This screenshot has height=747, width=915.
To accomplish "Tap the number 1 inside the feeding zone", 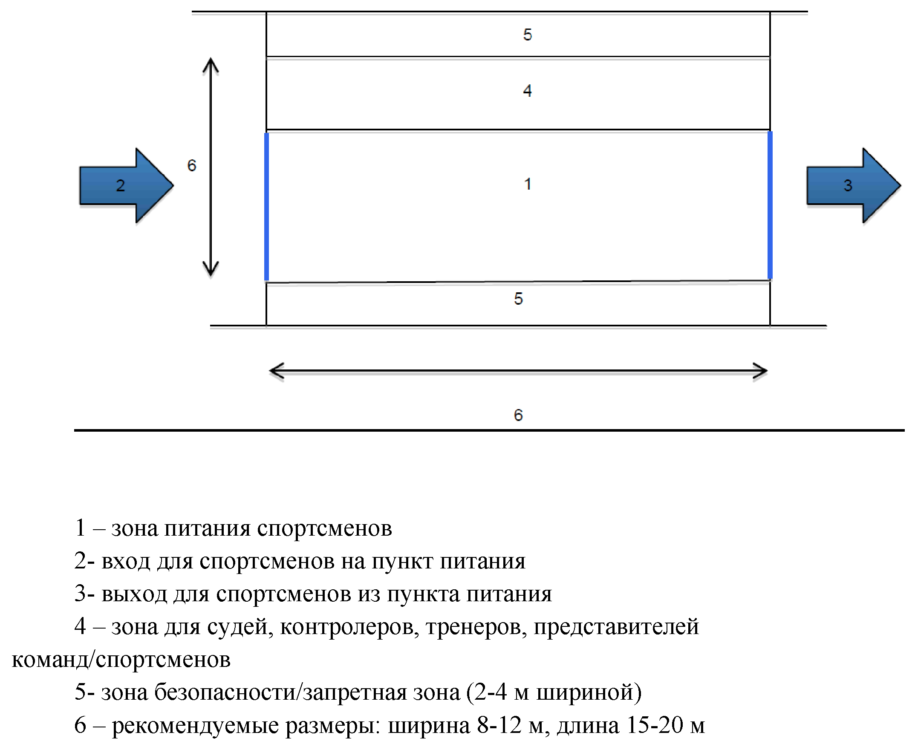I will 528,184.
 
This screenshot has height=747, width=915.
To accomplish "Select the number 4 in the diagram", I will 527,91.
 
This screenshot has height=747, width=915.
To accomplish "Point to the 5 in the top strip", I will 527,35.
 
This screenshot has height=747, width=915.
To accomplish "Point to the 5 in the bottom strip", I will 518,299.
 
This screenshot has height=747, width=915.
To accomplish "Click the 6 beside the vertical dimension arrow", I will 191,166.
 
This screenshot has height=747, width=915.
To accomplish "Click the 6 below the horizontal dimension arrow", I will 518,415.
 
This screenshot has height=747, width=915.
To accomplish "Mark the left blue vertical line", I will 267,207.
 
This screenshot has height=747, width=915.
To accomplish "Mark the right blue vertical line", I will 770,206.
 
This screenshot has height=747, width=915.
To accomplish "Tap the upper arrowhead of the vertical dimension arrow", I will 211,64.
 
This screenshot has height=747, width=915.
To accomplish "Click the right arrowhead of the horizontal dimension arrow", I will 760,371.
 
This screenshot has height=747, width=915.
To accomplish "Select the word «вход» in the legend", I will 126,561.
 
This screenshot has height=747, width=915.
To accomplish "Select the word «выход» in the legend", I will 134,594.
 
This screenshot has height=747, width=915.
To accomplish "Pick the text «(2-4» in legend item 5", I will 487,692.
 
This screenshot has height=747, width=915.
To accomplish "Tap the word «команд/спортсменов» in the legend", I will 121,660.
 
